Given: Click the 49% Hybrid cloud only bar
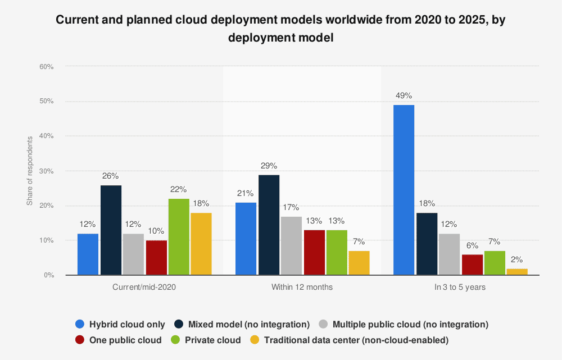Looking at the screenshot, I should [x=404, y=190].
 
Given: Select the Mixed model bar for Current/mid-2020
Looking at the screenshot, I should [x=111, y=230].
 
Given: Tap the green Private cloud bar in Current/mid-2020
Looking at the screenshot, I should [x=179, y=237].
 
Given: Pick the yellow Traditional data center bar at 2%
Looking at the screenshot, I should [x=517, y=272].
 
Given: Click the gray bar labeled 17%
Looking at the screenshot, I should [x=291, y=245].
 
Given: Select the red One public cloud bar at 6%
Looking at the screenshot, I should [x=472, y=265].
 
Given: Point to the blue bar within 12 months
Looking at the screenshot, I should [x=246, y=239].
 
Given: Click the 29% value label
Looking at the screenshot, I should [x=269, y=166].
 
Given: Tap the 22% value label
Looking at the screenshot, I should [x=179, y=189].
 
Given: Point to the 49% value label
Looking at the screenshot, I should [x=404, y=95].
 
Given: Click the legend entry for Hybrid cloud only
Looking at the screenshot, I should [x=120, y=324].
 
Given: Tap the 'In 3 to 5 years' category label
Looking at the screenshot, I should [x=460, y=287].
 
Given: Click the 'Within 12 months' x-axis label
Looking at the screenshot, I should [x=302, y=287].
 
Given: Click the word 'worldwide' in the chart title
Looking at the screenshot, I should [x=352, y=20].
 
